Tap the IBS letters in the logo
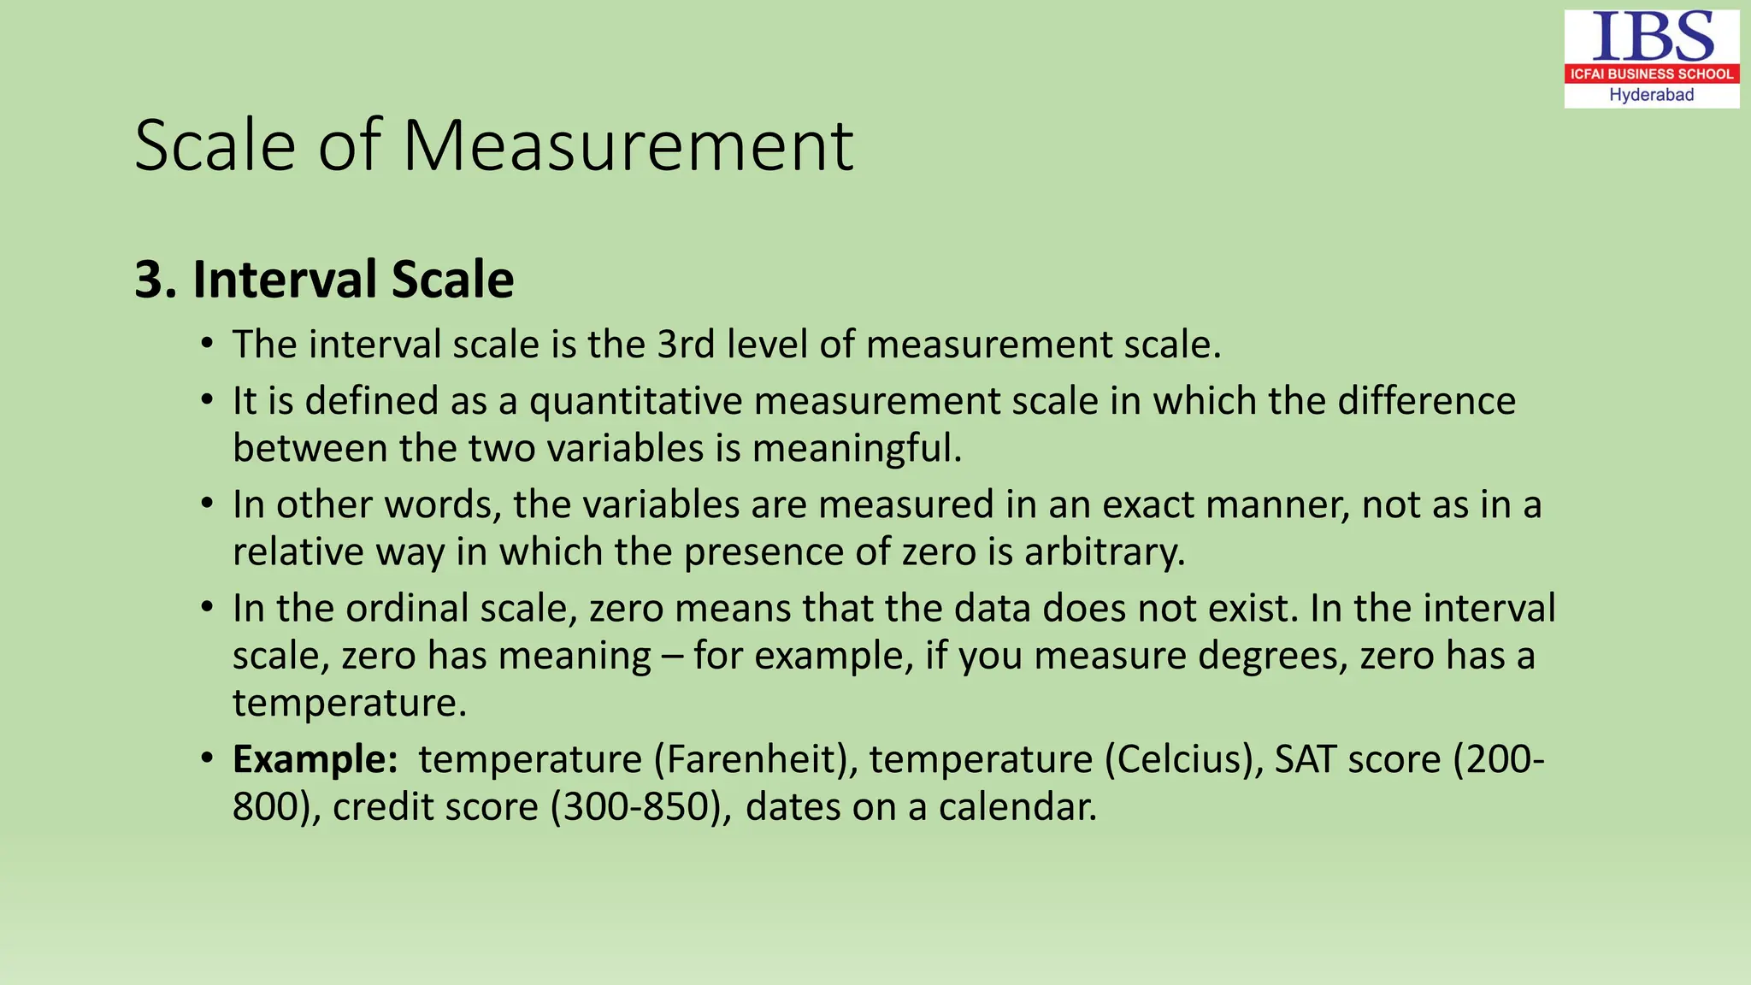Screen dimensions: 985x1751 tap(1652, 37)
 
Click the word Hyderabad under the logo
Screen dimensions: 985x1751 tap(1651, 95)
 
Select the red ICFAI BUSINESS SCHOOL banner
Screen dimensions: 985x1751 tap(1652, 74)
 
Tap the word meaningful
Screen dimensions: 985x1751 tap(857, 449)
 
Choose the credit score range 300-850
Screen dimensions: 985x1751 tap(641, 807)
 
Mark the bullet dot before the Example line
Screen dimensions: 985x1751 tap(207, 758)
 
